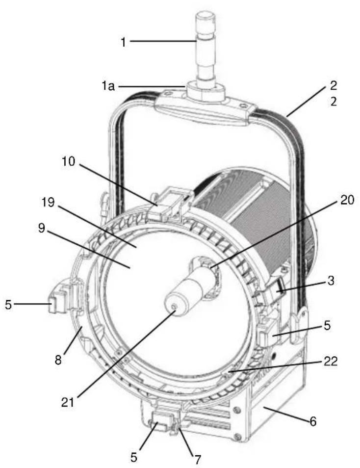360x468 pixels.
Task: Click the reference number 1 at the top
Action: (124, 42)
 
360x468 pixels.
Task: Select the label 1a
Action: (108, 86)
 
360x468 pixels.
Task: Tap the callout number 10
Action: (69, 162)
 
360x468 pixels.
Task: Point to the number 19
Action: (48, 203)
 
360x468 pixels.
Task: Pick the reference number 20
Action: (347, 200)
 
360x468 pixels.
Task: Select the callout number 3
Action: (331, 281)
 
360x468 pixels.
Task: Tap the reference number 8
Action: (58, 360)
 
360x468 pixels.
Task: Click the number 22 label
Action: (331, 361)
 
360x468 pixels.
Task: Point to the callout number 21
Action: (68, 403)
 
